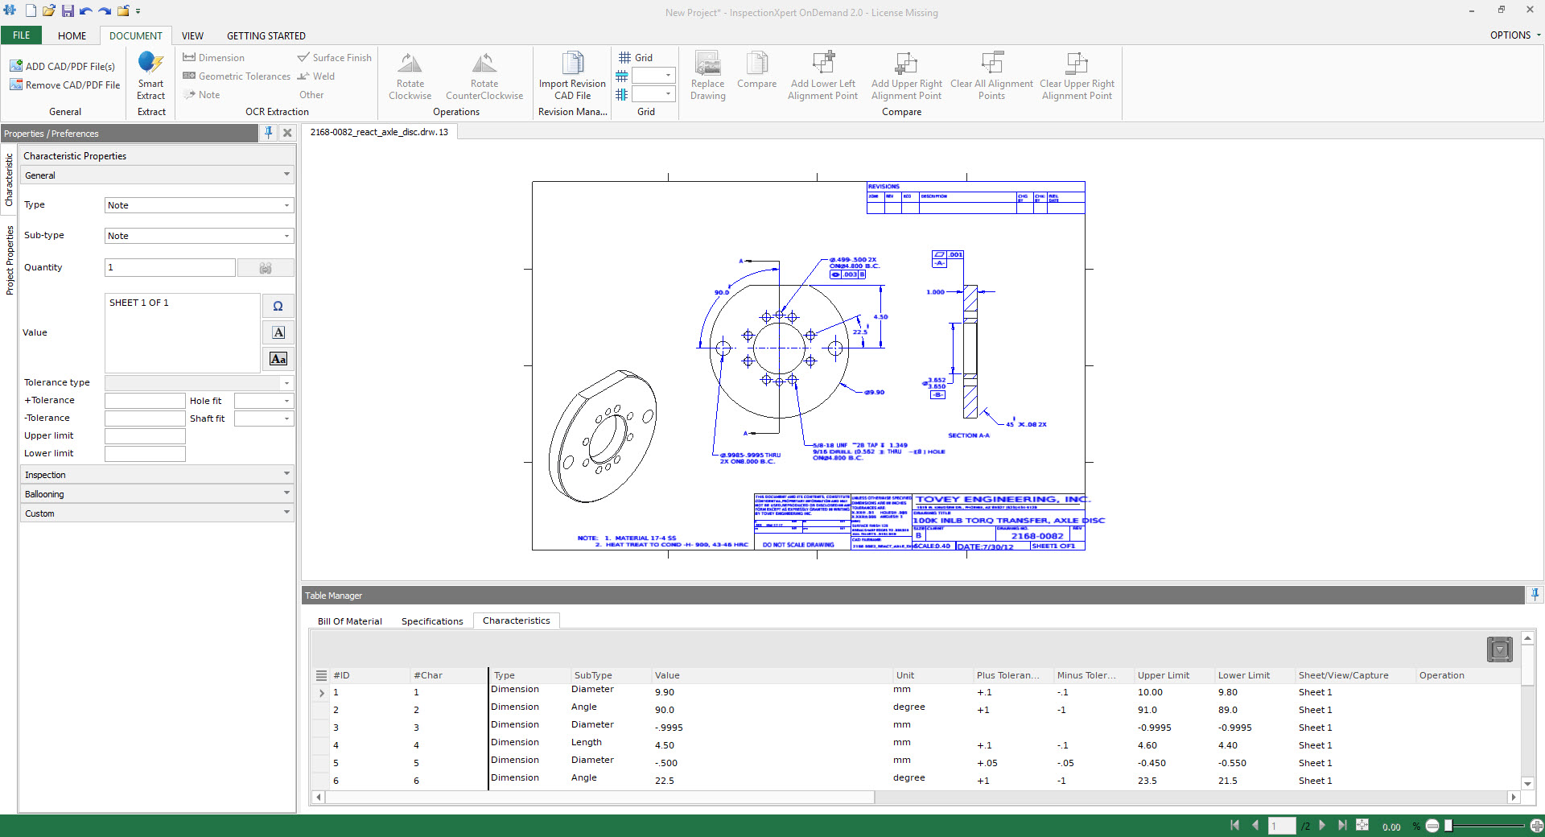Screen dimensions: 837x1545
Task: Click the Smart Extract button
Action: (x=150, y=76)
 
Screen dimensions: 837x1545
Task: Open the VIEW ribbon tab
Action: (x=192, y=35)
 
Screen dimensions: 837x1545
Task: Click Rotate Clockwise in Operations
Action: (x=410, y=76)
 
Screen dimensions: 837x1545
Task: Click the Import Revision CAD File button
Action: (x=572, y=76)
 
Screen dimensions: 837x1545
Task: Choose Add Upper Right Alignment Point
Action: (x=906, y=76)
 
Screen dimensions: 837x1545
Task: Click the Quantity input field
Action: (x=170, y=267)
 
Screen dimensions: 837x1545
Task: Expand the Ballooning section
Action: (x=157, y=493)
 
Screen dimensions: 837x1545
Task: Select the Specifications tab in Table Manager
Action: (x=432, y=621)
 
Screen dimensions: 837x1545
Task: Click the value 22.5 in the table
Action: (x=665, y=781)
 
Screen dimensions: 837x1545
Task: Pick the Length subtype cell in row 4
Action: (x=587, y=742)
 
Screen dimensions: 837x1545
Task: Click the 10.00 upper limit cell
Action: (x=1150, y=692)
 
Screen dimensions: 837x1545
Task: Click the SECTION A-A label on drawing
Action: (x=968, y=435)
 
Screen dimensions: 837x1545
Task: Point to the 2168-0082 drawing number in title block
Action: (x=1036, y=536)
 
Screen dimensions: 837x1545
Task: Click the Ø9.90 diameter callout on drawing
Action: (x=875, y=392)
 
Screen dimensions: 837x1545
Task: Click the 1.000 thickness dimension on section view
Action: (x=935, y=292)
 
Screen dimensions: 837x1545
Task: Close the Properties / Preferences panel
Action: (x=287, y=134)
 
